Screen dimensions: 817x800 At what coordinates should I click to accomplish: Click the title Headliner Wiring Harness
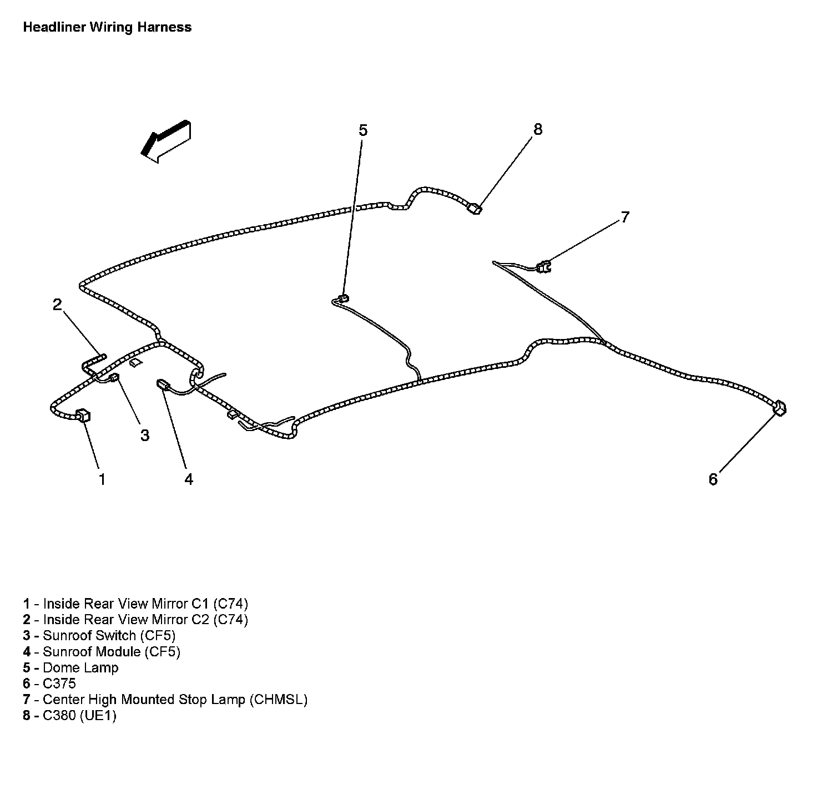click(x=107, y=27)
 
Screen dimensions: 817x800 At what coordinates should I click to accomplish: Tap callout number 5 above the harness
click(x=362, y=130)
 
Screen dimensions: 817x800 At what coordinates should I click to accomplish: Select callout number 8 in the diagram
click(x=537, y=129)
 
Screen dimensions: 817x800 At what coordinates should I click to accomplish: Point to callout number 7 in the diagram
click(x=625, y=217)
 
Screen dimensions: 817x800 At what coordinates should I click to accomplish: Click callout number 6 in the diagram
click(x=713, y=479)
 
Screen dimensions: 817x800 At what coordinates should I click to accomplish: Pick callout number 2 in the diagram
click(x=57, y=304)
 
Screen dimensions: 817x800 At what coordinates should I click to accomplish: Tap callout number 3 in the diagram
click(x=145, y=436)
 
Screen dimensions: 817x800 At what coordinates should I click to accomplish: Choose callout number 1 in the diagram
click(x=102, y=479)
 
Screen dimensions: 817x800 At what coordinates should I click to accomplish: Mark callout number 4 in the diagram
click(x=189, y=479)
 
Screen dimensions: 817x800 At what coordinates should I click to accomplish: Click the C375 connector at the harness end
click(x=779, y=408)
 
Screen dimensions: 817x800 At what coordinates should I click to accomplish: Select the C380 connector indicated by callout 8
click(x=475, y=209)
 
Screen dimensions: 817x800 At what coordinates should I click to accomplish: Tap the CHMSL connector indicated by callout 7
click(x=543, y=267)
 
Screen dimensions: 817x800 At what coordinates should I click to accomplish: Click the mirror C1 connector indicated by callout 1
click(x=83, y=414)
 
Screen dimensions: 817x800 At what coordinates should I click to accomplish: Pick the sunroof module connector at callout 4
click(x=163, y=384)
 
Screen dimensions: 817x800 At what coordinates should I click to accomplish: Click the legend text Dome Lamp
click(x=80, y=667)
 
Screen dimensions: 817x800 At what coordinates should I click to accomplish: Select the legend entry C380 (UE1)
click(x=79, y=716)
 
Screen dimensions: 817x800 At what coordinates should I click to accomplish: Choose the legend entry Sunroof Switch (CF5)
click(x=109, y=635)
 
